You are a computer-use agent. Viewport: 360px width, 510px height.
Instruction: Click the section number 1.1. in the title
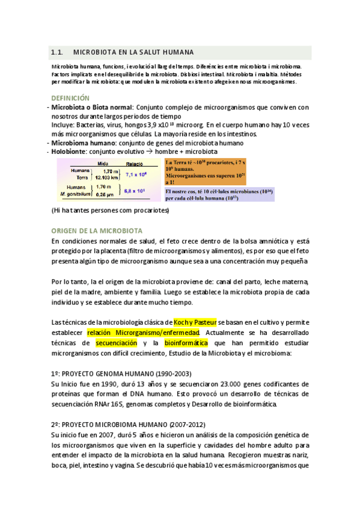58,52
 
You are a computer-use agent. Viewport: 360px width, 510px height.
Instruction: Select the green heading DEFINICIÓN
70,97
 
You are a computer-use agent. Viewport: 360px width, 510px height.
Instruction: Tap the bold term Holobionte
69,152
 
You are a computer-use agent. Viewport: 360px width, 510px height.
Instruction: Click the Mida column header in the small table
102,163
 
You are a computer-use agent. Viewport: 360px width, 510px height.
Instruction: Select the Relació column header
134,163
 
